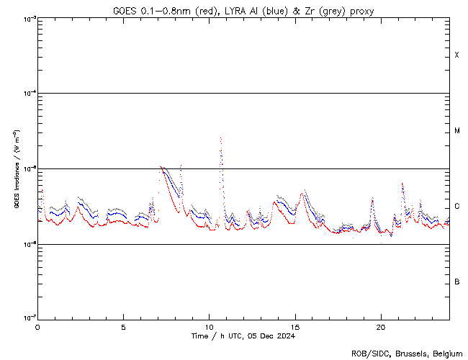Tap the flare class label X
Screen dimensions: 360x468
click(457, 55)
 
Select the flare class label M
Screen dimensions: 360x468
click(457, 131)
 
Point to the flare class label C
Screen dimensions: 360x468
click(457, 207)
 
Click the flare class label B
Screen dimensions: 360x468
click(457, 282)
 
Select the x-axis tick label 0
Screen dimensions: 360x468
click(37, 326)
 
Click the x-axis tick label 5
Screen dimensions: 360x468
click(123, 326)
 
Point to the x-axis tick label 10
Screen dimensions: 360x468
click(209, 326)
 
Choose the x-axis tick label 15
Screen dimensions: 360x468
click(295, 326)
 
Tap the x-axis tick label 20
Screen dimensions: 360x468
click(381, 326)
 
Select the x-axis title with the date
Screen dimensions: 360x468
click(243, 336)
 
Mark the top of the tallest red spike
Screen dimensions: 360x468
click(220, 138)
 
